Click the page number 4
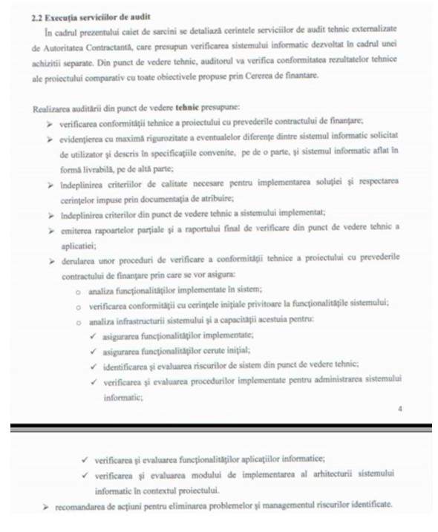coord(399,409)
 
